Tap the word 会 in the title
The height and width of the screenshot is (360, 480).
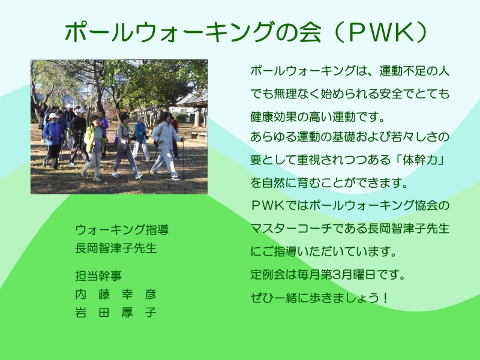(x=310, y=32)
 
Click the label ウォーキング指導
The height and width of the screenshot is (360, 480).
(x=122, y=230)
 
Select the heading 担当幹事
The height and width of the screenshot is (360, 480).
(x=98, y=276)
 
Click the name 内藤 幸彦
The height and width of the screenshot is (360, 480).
(x=116, y=294)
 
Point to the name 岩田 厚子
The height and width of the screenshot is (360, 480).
(x=116, y=313)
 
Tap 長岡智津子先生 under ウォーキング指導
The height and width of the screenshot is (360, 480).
(x=116, y=248)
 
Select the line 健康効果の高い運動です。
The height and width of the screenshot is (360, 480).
(x=317, y=116)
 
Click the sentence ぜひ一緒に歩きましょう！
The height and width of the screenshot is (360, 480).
(x=320, y=298)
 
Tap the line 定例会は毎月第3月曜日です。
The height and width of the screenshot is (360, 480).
(x=328, y=274)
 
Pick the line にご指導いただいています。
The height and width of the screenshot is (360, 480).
(x=323, y=251)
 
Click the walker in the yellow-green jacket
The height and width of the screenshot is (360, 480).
(x=94, y=148)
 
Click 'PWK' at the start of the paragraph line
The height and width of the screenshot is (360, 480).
(x=268, y=205)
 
